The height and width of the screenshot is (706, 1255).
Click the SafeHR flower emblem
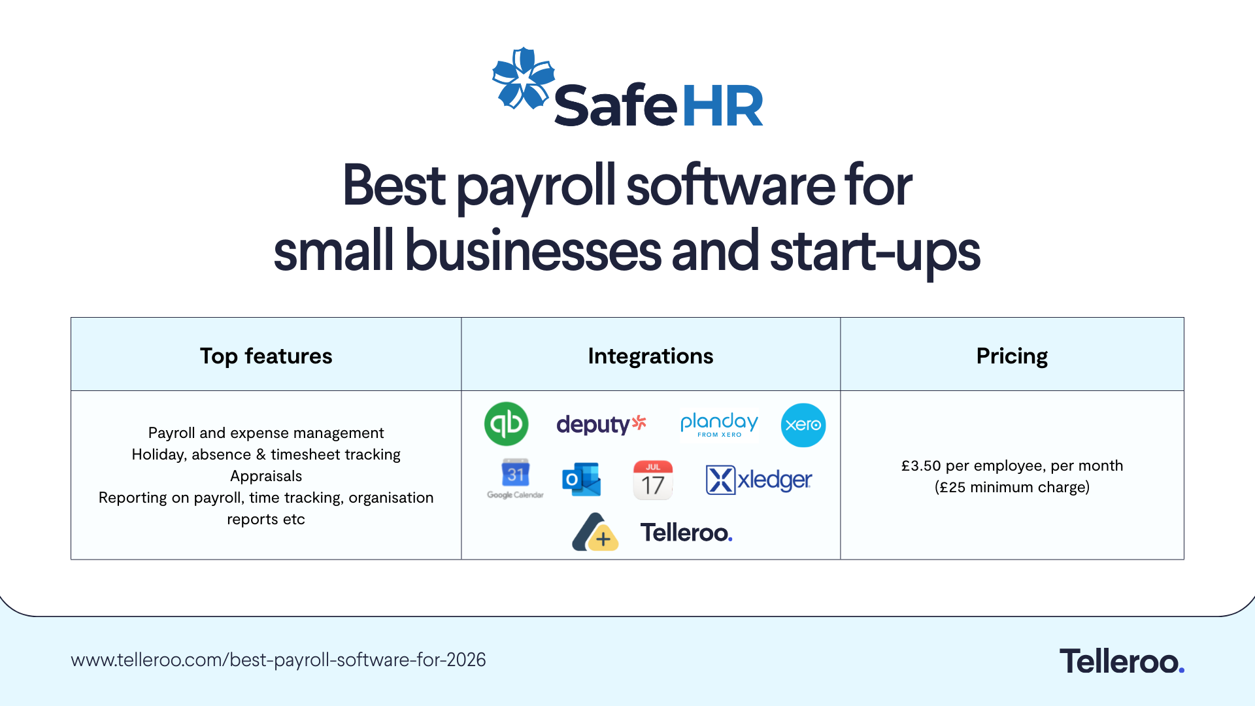[523, 78]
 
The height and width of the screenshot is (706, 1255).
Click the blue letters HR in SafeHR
[722, 106]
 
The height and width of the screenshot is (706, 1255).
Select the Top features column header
[266, 356]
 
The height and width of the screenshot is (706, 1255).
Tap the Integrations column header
[650, 356]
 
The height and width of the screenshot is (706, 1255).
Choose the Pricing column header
[1012, 356]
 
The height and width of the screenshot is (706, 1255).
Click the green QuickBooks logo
[506, 424]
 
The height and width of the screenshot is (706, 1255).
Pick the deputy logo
[601, 424]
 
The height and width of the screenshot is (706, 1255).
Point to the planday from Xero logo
[719, 424]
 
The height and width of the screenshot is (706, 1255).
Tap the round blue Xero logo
[803, 425]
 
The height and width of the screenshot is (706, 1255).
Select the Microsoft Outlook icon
[581, 480]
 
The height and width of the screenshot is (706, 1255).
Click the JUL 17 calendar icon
[652, 480]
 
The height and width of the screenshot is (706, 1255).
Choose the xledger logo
[758, 480]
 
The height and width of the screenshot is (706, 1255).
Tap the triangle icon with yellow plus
[595, 533]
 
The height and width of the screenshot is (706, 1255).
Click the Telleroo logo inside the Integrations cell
[686, 533]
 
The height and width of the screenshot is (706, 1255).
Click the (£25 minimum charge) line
[1012, 487]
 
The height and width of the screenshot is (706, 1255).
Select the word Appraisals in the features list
[266, 476]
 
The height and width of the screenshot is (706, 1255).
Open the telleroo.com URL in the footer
[278, 660]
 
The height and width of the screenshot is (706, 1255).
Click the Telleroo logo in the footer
[1122, 661]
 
